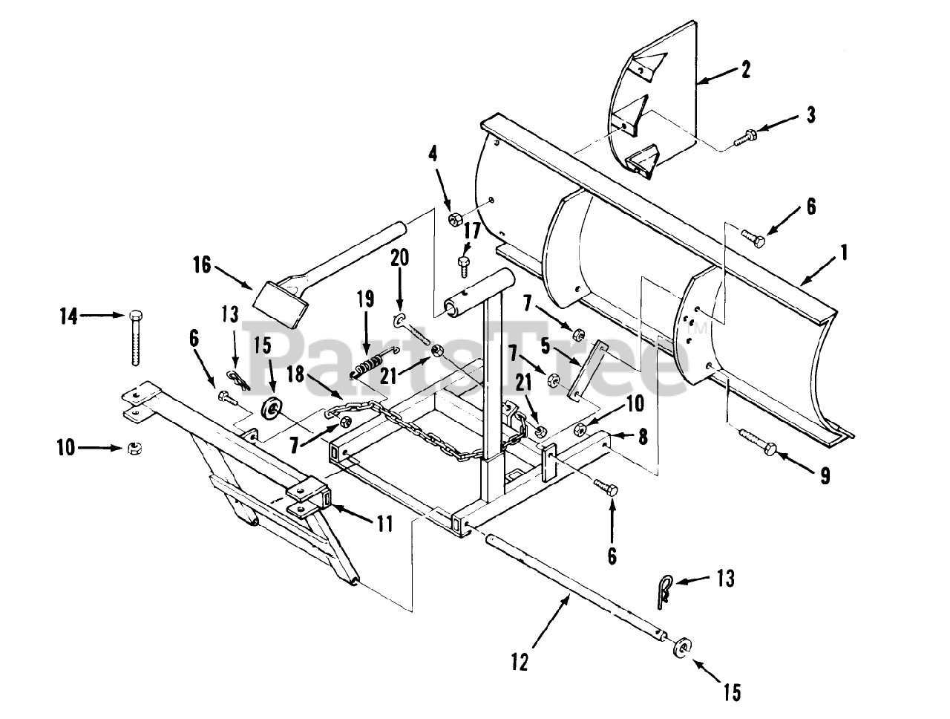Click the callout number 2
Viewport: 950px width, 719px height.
click(745, 69)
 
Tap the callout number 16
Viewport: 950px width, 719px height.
click(202, 265)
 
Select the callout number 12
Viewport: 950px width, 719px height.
click(520, 674)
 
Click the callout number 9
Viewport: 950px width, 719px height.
click(825, 476)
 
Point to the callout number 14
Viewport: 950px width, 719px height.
click(69, 317)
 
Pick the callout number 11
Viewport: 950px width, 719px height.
click(384, 524)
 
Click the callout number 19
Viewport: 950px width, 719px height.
click(365, 299)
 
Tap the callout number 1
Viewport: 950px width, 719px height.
click(843, 253)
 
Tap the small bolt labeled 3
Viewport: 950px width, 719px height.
click(745, 136)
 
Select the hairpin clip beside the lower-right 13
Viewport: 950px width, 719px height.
click(663, 591)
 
